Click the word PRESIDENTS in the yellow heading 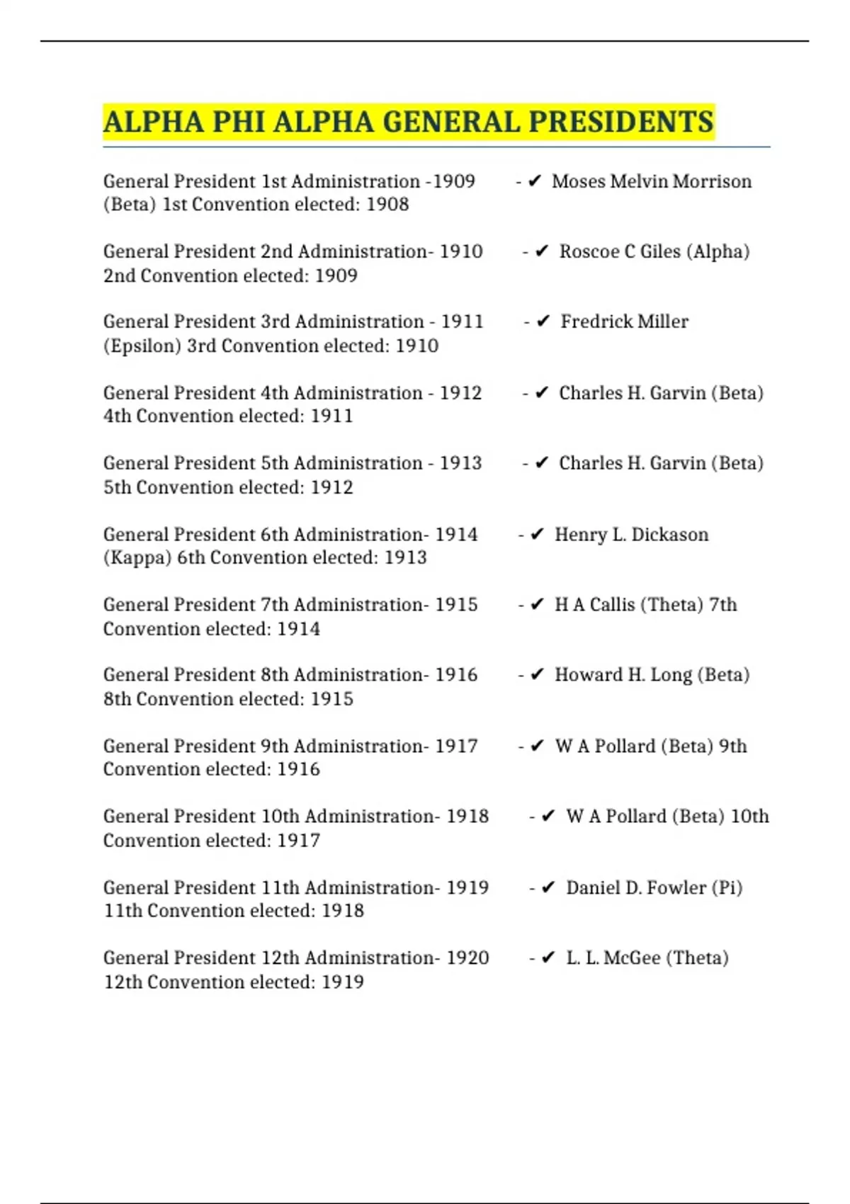coord(621,122)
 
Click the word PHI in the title coord(238,122)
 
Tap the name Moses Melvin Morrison coord(652,181)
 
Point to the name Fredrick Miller coord(624,322)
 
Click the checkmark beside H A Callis coord(537,604)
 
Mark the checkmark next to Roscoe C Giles coord(542,251)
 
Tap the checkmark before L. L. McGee coord(548,958)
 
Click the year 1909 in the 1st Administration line coord(454,181)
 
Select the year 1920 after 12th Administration coord(467,958)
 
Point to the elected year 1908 coord(387,204)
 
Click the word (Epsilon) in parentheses coord(142,346)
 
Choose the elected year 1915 coord(331,698)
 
